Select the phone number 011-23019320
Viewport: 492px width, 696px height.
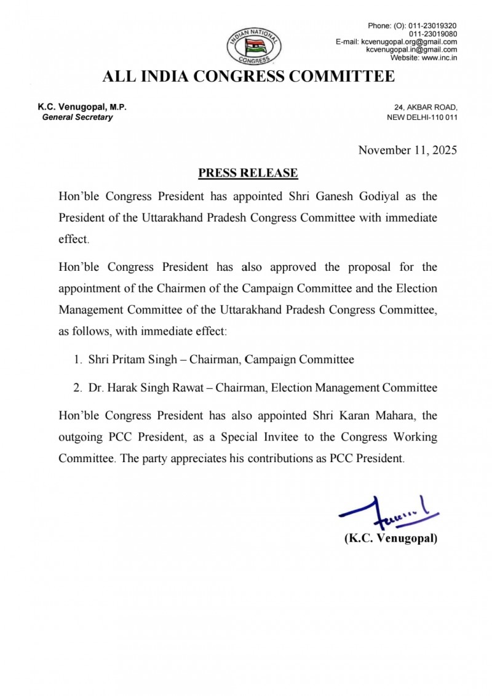[433, 26]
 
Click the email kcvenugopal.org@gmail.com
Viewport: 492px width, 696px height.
[409, 42]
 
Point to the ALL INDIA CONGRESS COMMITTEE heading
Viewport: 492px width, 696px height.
[248, 77]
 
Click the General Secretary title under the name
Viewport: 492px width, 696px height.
[77, 117]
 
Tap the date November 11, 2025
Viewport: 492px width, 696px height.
[408, 150]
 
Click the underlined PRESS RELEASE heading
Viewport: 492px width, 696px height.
[248, 173]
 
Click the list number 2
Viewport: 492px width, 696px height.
[77, 388]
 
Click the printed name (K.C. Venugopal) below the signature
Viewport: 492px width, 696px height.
[391, 538]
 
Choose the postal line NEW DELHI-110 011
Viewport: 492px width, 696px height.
[422, 117]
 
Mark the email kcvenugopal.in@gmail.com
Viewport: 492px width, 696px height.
[411, 50]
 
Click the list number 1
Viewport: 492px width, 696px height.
[77, 360]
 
